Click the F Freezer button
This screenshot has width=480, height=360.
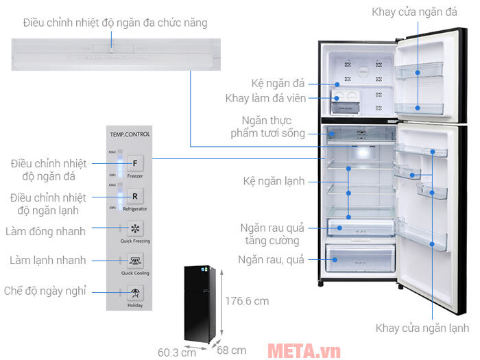pos(135,165)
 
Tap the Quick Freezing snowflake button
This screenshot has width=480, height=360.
pos(135,228)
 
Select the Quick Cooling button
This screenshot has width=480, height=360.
pos(135,259)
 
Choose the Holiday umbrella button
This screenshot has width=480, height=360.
pos(135,293)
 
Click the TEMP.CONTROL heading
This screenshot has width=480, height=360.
pos(128,134)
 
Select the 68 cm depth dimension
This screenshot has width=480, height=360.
pos(232,350)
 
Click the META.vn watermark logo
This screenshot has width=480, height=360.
pos(303,351)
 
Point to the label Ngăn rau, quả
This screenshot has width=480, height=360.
pos(271,260)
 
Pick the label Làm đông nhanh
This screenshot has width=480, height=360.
pos(47,231)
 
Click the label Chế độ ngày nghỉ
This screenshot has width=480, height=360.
pos(45,291)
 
